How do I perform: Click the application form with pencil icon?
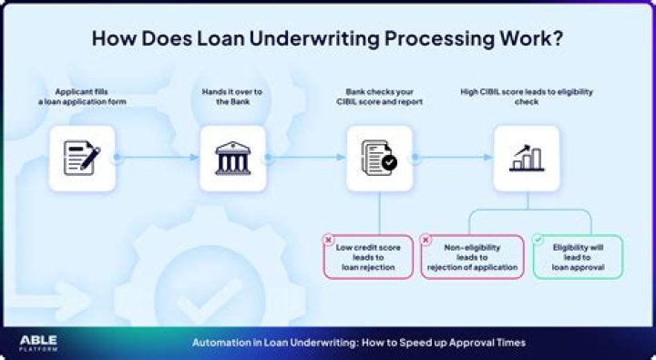pos(81,158)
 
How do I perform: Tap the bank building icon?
pos(232,158)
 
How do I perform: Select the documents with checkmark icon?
pos(379,158)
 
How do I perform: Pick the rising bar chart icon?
pos(526,158)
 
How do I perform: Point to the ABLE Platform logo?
pos(38,342)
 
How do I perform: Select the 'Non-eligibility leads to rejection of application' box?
pos(472,256)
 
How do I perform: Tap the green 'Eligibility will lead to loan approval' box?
pos(577,256)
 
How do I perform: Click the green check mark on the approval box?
pos(538,240)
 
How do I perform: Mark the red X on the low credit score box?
pos(328,240)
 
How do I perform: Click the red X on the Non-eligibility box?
pos(425,240)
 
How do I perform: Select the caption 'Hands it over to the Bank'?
pos(232,97)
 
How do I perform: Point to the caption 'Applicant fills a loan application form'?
pos(83,97)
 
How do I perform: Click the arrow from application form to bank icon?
pos(157,158)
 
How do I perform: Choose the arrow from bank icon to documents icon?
pos(305,158)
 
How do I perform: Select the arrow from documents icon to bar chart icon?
pos(453,158)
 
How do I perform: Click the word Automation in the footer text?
pos(220,342)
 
